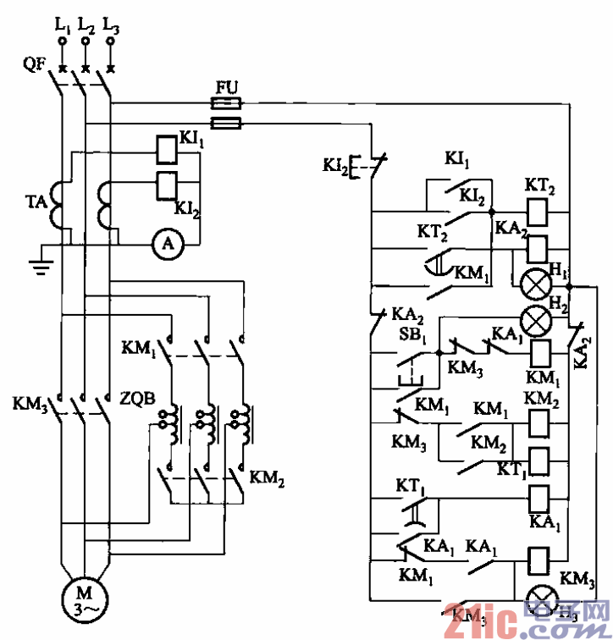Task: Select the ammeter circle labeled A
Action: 168,244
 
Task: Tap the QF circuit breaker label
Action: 34,63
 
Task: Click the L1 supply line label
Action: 63,26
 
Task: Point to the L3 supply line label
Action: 111,26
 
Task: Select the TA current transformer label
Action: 33,204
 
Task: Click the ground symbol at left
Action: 38,264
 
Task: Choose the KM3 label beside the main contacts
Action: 27,401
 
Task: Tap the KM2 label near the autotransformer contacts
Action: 268,483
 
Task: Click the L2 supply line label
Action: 86,26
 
